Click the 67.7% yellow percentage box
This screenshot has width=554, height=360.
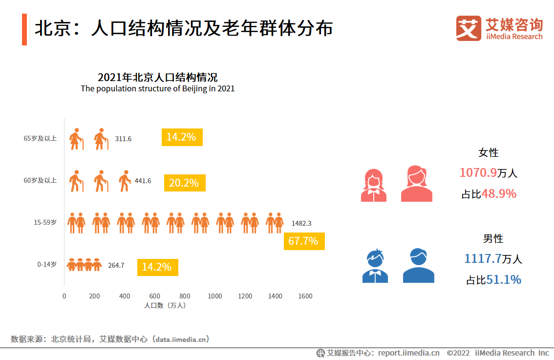point(304,241)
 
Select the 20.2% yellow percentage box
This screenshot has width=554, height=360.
point(184,183)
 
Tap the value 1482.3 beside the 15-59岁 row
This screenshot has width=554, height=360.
point(301,223)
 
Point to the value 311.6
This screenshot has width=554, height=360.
point(123,139)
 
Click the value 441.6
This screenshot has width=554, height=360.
point(143,181)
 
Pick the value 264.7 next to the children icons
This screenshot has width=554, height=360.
point(116,265)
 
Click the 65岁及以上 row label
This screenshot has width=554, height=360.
point(40,138)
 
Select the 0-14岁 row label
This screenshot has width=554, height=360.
point(47,264)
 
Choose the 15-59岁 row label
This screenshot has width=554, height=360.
point(45,222)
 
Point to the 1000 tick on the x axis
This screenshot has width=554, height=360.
point(215,296)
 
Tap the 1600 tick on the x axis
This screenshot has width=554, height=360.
point(305,296)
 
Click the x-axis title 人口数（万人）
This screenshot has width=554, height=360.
point(165,305)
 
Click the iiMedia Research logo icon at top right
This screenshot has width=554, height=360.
point(469,28)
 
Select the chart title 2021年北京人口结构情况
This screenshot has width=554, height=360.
point(157,77)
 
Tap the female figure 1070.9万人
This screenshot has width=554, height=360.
point(488,172)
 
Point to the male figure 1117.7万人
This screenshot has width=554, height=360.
point(493,258)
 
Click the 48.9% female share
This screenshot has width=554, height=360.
point(499,194)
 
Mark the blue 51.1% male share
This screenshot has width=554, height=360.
point(503,280)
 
